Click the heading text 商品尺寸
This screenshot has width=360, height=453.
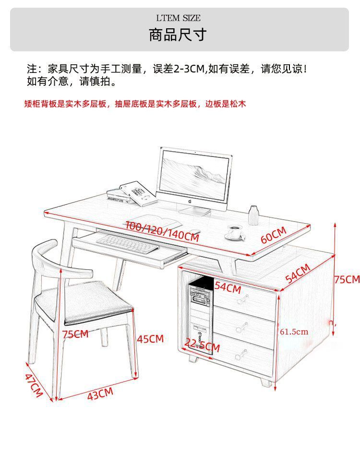coord(178,35)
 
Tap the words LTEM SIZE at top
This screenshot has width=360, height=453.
coord(178,18)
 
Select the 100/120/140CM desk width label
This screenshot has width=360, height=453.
coord(162,231)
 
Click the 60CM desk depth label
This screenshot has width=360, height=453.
coord(273,234)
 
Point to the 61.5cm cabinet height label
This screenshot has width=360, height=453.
coord(294,331)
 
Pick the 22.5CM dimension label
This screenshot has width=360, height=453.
coord(202,345)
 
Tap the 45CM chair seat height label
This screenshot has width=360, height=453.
coord(150,339)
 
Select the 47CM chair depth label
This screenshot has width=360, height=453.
coord(34,385)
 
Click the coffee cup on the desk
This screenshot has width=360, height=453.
coord(235,231)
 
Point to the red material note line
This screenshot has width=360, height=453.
coord(135,104)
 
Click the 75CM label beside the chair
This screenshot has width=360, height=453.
coord(75,334)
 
